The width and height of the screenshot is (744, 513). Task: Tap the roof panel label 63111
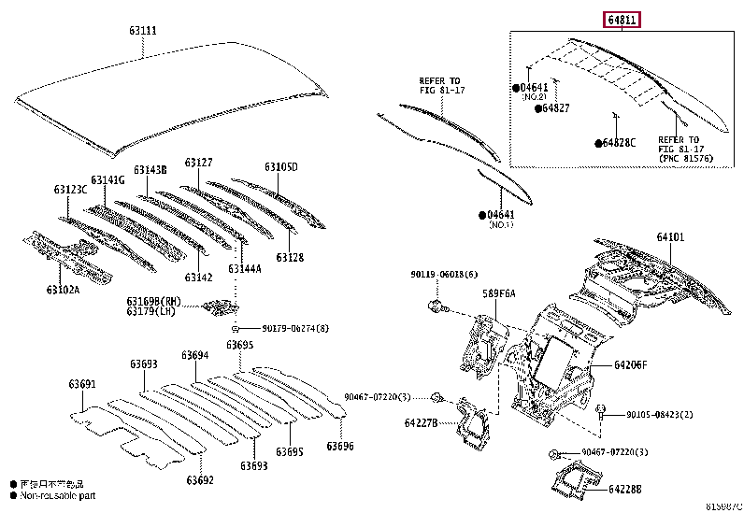click(x=142, y=31)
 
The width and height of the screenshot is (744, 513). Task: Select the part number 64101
click(x=669, y=238)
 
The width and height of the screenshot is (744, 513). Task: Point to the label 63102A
click(x=64, y=290)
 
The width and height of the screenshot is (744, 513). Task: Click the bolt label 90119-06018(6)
click(x=443, y=274)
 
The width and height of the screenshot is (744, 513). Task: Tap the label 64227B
click(x=422, y=422)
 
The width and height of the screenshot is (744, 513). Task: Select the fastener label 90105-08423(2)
click(x=659, y=414)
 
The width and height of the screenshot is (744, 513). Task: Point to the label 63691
click(x=81, y=384)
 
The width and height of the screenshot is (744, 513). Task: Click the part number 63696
click(x=339, y=447)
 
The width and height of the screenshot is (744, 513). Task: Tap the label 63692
click(x=199, y=480)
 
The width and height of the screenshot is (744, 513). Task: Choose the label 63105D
click(x=280, y=167)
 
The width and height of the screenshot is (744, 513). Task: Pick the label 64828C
click(x=619, y=143)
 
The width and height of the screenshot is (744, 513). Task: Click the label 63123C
click(x=70, y=190)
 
